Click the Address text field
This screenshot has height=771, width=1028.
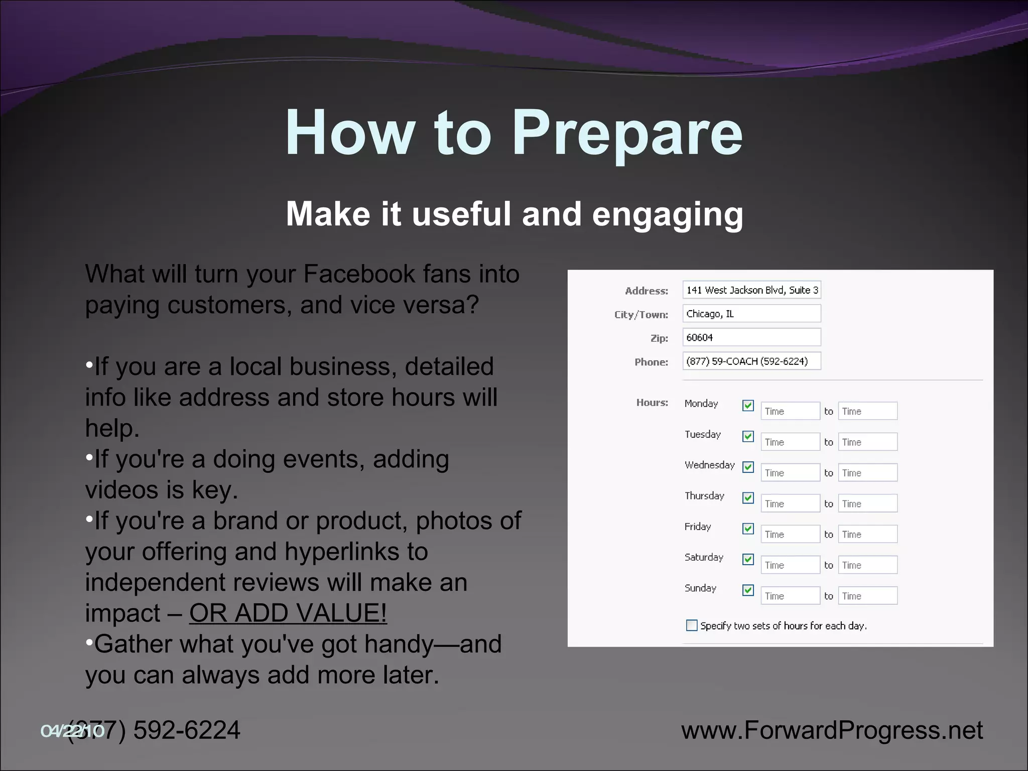751,290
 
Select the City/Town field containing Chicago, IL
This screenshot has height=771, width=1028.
751,314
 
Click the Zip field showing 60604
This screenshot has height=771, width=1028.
751,337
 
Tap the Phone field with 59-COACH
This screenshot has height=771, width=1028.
751,361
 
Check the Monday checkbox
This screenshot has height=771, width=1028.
748,406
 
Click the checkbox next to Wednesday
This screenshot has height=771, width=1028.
748,467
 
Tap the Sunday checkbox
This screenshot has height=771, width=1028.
748,590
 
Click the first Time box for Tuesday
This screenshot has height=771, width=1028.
790,442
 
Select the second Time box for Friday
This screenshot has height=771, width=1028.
867,535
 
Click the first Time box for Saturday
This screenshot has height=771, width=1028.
790,565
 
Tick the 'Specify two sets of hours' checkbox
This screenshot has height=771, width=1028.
692,625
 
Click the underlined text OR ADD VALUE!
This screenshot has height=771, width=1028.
288,613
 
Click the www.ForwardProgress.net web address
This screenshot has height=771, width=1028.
832,730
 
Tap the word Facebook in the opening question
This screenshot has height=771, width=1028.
359,275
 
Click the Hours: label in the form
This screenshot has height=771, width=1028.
652,403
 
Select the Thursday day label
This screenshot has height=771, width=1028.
704,496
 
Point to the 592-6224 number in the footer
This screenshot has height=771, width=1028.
187,730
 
